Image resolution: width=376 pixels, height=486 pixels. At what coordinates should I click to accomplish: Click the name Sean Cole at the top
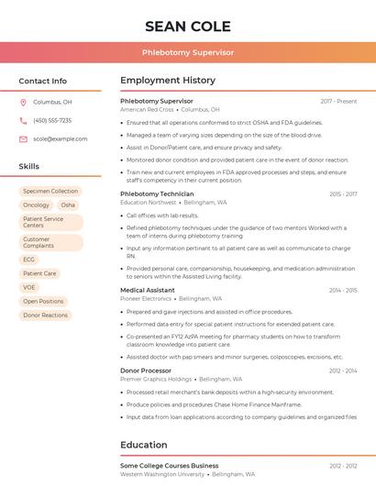coord(188,26)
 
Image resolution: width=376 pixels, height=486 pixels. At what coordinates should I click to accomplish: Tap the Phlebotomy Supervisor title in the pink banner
coord(188,52)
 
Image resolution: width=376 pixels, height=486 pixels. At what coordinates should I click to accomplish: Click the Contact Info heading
coord(43,81)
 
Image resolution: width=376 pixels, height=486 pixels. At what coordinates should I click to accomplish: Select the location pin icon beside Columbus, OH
coord(23,103)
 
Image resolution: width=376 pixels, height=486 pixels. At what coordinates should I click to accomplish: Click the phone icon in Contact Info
coord(23,121)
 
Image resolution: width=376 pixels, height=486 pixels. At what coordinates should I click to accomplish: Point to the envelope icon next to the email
coord(23,139)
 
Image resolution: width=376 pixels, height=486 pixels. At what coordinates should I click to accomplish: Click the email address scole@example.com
coord(61,139)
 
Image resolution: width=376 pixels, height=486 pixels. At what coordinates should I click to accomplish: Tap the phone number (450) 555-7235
coord(52,121)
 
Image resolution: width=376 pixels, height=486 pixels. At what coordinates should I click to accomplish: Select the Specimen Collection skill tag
coord(50,192)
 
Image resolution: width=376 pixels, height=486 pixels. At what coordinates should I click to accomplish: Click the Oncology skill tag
coord(37,205)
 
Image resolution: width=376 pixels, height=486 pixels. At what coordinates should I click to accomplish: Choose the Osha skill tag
coord(68,205)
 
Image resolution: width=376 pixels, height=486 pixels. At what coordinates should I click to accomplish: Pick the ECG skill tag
coord(29,260)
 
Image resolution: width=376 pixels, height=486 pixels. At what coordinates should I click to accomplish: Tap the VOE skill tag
coord(29,287)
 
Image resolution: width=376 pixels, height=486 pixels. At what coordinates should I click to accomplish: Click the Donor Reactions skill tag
coord(46,315)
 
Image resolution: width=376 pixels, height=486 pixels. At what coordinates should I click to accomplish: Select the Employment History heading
coord(168,81)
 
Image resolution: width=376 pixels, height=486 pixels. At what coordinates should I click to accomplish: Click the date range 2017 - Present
coord(338,101)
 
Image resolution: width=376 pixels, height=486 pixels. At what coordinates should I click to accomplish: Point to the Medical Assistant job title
coord(147,290)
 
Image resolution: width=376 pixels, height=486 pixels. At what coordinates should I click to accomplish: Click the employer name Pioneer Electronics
coord(146,299)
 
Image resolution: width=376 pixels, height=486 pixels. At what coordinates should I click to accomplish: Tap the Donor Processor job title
coord(146,370)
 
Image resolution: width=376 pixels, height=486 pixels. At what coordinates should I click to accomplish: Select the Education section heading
coord(144,446)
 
